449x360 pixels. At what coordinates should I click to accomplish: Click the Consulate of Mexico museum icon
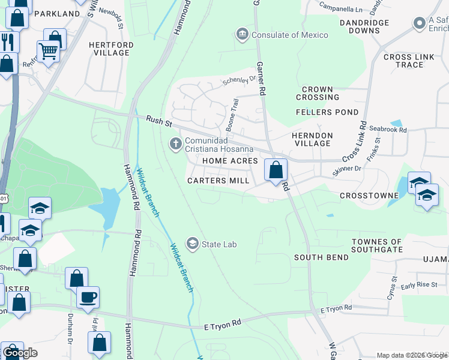[x=243, y=34]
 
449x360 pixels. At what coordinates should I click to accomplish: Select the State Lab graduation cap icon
[x=193, y=244]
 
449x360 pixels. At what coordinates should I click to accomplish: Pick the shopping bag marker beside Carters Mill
[x=276, y=170]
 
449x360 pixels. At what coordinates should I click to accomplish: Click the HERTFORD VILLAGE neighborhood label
[x=109, y=49]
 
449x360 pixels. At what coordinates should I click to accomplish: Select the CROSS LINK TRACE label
[x=411, y=61]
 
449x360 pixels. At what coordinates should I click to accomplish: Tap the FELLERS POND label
[x=327, y=112]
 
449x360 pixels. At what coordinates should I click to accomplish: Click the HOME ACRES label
[x=230, y=161]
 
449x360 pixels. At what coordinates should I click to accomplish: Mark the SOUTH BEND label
[x=321, y=257]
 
